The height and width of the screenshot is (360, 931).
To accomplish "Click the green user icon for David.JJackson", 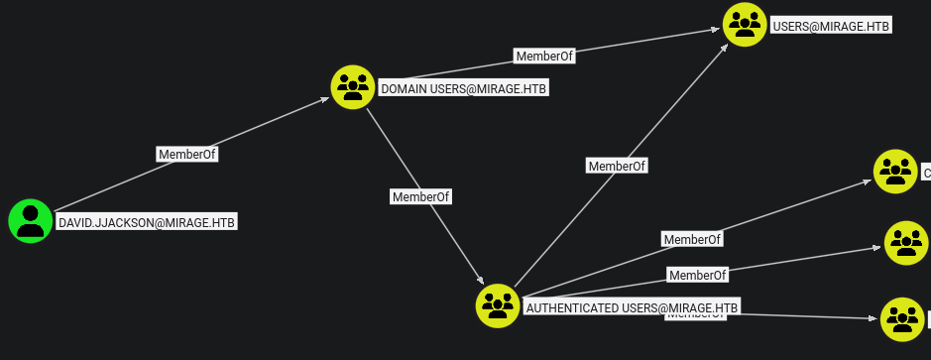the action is point(31,220).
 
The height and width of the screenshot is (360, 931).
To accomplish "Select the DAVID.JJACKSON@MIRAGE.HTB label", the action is point(147,222).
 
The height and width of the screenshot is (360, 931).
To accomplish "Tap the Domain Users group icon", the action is point(352,86).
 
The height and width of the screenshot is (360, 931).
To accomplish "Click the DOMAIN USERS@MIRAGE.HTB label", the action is point(463,89).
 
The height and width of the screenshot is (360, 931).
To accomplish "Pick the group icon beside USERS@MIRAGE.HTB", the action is point(745,24).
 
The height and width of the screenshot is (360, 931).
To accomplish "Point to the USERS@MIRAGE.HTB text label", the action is point(831,27).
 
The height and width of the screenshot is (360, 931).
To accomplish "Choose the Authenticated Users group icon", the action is point(498,305).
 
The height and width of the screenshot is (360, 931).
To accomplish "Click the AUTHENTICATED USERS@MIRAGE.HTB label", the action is point(632,307).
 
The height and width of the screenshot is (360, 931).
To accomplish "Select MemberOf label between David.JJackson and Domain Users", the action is point(187,154).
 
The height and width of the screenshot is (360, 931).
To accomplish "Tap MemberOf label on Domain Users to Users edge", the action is point(544,57).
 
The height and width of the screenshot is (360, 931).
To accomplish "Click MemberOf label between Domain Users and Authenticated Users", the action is point(420,196).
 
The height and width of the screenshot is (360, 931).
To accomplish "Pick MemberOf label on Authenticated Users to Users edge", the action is point(617,166).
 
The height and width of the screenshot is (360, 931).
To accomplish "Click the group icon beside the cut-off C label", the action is point(895,171).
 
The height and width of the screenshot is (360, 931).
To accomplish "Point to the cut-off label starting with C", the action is point(926,174).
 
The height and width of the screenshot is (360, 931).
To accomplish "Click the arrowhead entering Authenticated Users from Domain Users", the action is point(481,282).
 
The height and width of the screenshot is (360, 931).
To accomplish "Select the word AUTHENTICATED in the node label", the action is point(571,307).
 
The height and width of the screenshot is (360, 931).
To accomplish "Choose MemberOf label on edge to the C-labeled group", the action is point(692,239).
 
